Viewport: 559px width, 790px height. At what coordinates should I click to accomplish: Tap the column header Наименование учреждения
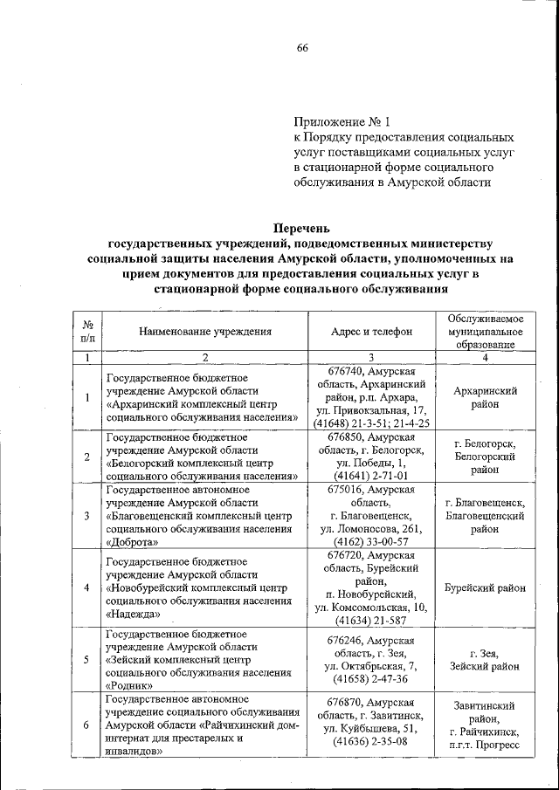tap(205, 331)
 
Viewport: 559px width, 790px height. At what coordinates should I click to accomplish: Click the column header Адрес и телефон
tap(372, 331)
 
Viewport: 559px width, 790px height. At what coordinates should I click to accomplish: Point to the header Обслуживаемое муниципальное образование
tap(484, 331)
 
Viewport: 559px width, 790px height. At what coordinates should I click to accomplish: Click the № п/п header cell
tap(87, 331)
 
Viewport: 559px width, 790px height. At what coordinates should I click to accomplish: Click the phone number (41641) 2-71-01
tap(372, 476)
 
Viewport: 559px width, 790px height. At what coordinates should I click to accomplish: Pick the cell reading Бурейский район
tap(484, 587)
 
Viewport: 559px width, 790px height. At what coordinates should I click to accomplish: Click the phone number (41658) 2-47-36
tap(372, 679)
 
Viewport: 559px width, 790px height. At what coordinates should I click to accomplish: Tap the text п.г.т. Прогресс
tap(484, 745)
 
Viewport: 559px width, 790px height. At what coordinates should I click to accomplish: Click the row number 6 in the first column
tap(86, 725)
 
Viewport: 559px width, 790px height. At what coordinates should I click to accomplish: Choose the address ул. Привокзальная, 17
tap(372, 410)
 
